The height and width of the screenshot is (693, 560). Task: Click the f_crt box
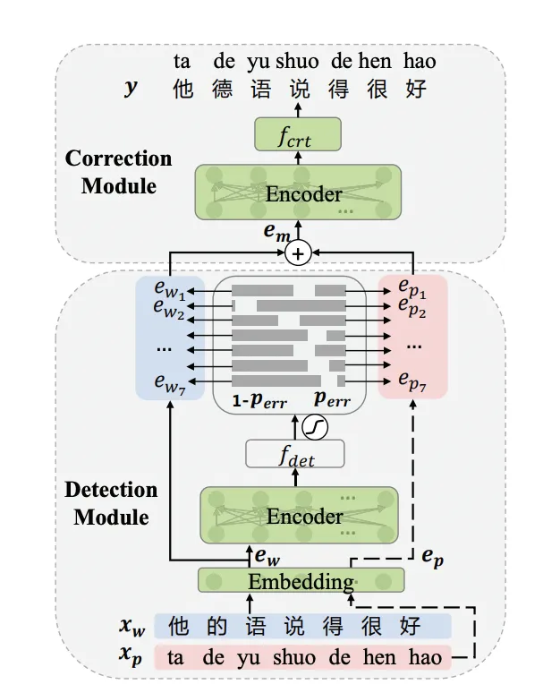coord(298,134)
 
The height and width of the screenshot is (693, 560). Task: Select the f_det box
coord(294,455)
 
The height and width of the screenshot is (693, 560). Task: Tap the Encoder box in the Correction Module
coord(298,193)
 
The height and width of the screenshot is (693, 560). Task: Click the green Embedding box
coord(300,581)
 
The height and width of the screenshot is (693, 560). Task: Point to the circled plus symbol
coord(299,253)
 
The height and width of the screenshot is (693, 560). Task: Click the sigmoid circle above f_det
coord(314,427)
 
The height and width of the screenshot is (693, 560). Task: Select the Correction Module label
coord(118,172)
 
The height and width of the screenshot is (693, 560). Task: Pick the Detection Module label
coord(111,503)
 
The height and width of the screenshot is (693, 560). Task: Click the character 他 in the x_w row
coord(179,625)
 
